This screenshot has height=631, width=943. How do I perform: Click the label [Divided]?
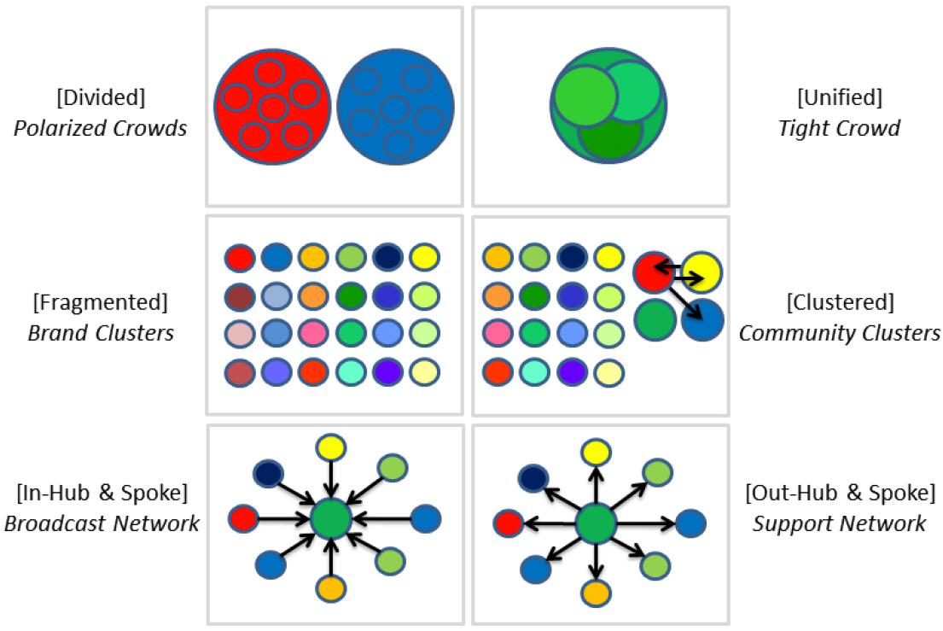tap(101, 97)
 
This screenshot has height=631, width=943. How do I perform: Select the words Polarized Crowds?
tap(101, 130)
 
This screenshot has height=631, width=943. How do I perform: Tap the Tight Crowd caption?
tap(839, 130)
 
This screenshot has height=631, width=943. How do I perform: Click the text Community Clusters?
tap(839, 333)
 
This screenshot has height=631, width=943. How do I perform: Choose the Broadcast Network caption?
tap(102, 523)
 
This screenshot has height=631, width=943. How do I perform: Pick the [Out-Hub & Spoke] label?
tap(840, 494)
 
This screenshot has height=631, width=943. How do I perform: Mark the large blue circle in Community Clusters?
tap(702, 321)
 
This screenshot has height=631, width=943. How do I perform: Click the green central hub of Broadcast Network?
tap(331, 518)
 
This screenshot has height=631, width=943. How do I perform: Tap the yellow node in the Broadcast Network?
tap(330, 447)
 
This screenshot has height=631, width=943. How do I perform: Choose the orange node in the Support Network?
tap(597, 592)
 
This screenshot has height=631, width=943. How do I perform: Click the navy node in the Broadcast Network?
tap(270, 472)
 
